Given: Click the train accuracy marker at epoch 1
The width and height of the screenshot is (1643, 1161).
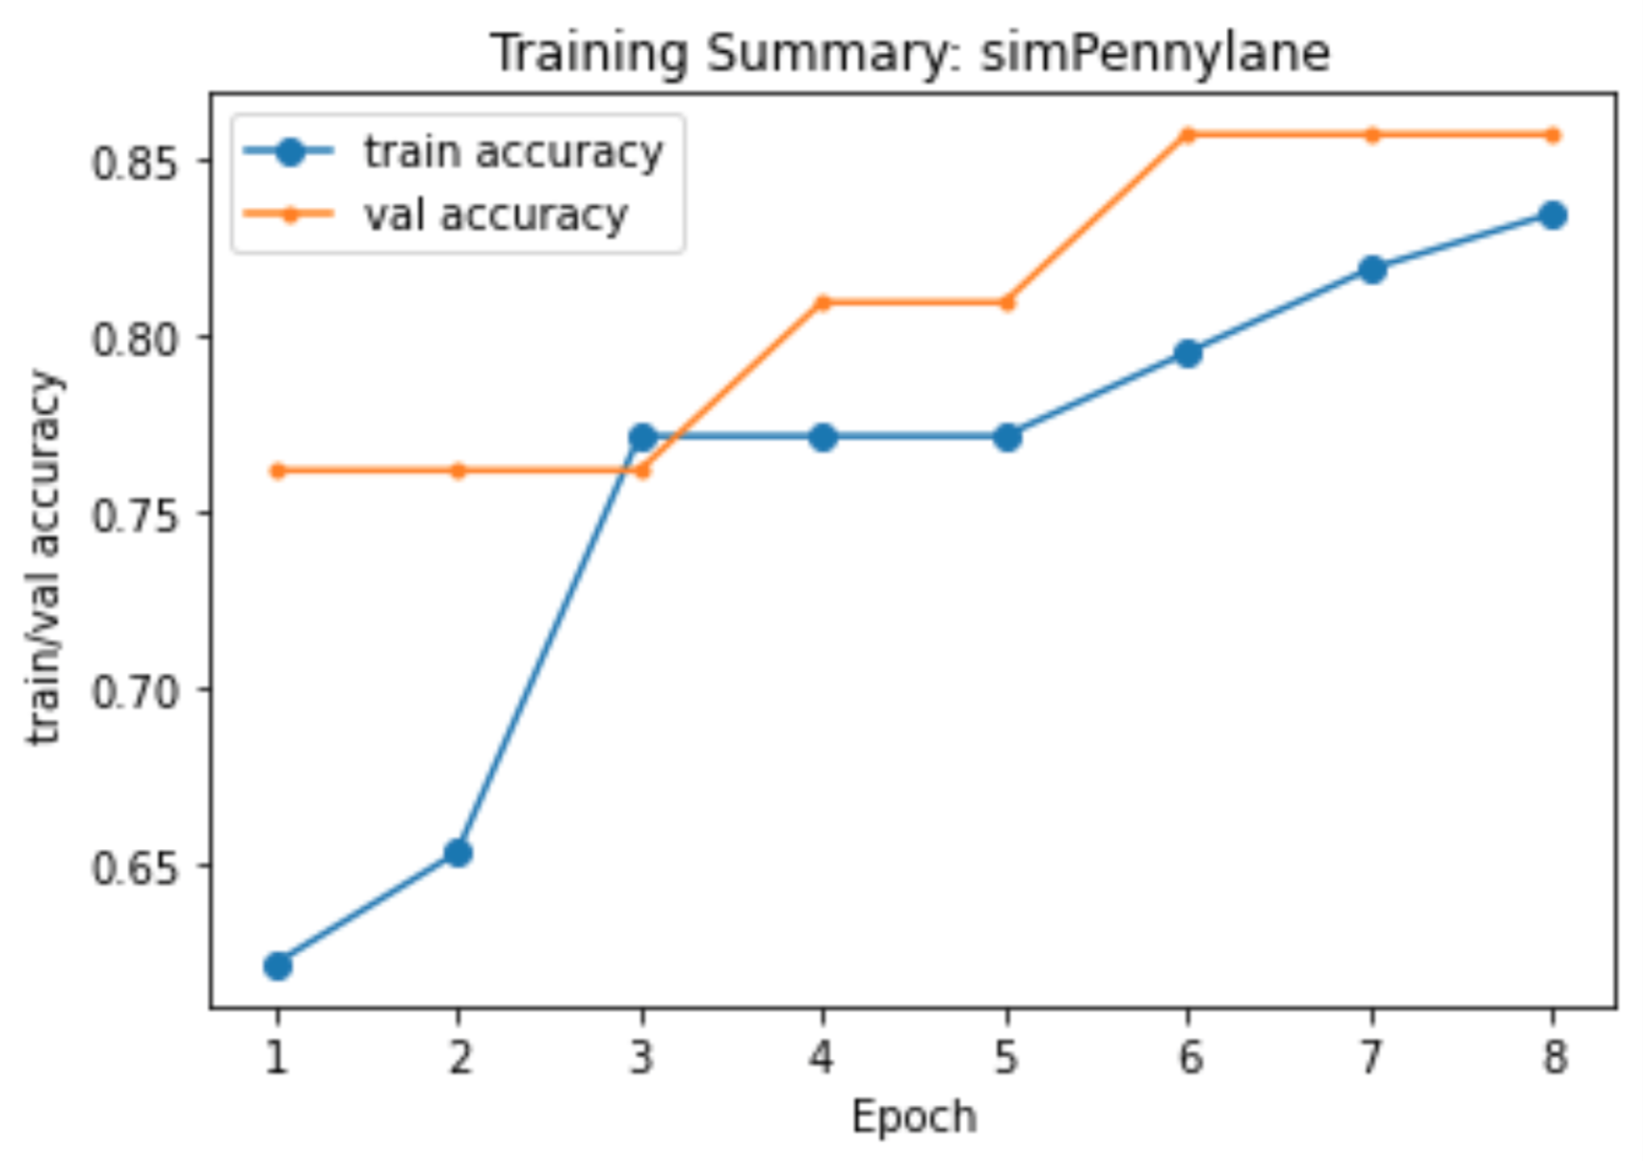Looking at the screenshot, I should (x=277, y=966).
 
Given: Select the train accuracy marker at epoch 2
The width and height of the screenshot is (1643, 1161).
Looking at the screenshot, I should (x=458, y=853).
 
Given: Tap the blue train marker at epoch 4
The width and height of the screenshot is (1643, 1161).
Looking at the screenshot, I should (x=822, y=438).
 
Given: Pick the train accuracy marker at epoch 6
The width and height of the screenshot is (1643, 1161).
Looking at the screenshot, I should (x=1188, y=353).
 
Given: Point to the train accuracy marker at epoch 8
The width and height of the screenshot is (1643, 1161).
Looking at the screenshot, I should (x=1552, y=216).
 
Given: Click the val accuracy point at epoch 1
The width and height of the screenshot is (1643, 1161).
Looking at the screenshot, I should (x=277, y=471).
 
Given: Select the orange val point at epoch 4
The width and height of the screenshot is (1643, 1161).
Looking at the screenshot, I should (x=822, y=303).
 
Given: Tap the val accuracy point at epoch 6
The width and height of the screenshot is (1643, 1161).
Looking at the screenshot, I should (x=1188, y=135).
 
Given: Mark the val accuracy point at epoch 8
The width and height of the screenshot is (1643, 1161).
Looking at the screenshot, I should (x=1552, y=135).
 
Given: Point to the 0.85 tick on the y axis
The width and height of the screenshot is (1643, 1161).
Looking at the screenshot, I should (x=136, y=162).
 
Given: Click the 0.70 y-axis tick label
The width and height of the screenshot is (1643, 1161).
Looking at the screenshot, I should (x=136, y=691).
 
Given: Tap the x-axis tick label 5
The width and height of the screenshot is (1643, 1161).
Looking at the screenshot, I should (x=1006, y=1057).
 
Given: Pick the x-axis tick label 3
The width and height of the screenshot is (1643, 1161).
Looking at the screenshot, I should (x=641, y=1057).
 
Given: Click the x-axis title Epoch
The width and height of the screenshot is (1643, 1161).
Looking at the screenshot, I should (x=913, y=1118).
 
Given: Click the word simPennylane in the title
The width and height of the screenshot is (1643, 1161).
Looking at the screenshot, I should (x=1155, y=52).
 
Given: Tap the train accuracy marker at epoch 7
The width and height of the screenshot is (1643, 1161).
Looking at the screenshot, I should (x=1372, y=270).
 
